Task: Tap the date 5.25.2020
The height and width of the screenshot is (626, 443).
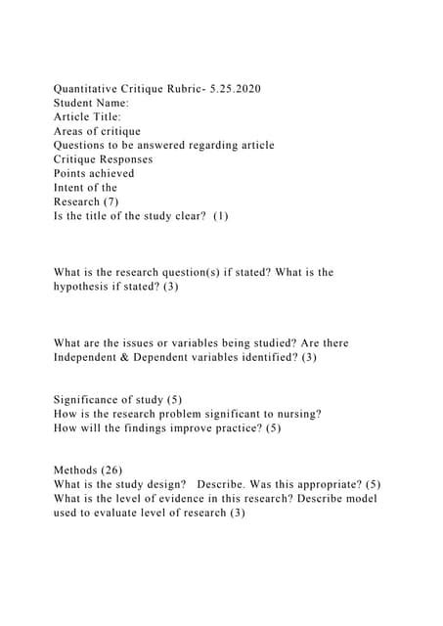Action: click(x=233, y=90)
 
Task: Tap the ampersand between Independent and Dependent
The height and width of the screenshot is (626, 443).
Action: click(x=139, y=358)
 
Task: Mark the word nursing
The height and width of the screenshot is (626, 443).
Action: click(x=294, y=414)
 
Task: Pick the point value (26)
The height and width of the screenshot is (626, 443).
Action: click(x=114, y=470)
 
